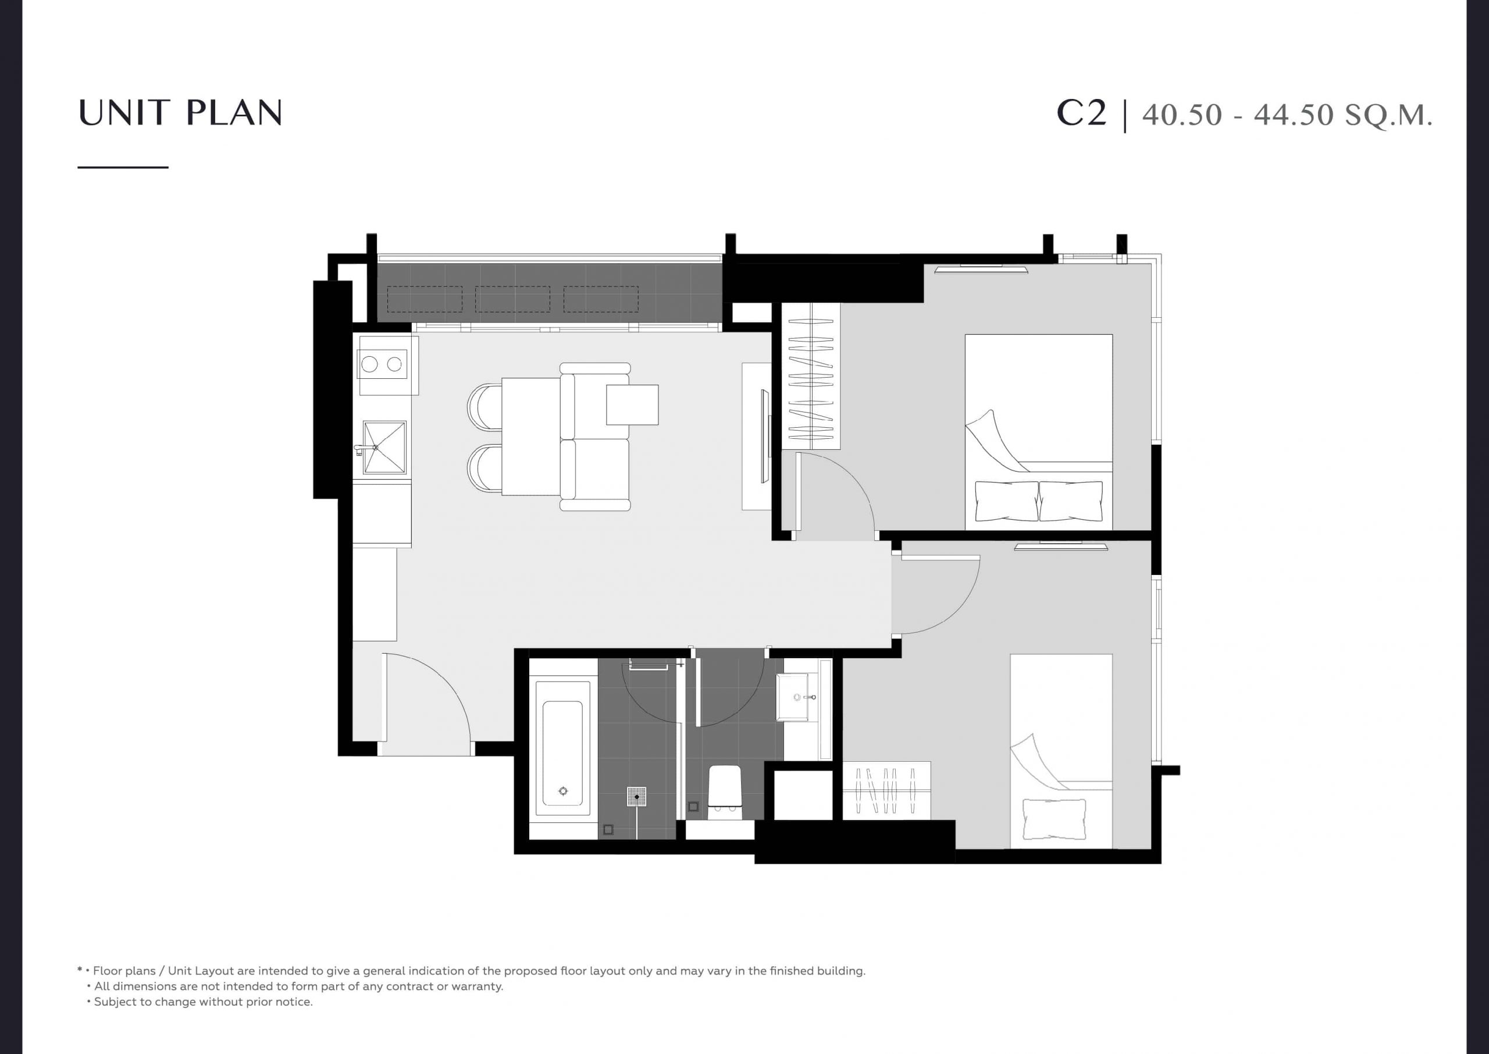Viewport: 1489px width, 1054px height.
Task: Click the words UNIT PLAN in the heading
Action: (180, 112)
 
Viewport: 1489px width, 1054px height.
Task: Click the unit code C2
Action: (1082, 113)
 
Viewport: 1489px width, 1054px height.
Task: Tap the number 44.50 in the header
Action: (1293, 115)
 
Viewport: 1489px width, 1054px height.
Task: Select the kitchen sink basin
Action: (384, 447)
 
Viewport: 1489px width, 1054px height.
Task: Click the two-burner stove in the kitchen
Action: (383, 365)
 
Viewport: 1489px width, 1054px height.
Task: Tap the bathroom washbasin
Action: (793, 697)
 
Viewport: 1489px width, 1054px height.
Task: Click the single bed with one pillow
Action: (1061, 751)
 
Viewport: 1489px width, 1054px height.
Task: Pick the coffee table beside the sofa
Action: (632, 404)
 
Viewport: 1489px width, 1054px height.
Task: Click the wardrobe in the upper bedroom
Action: (811, 376)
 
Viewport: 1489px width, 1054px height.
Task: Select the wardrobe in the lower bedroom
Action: (886, 790)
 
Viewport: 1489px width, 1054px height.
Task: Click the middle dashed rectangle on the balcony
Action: (512, 299)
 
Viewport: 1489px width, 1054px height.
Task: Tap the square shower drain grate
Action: (636, 796)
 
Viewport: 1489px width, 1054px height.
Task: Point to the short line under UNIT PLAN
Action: (123, 168)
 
